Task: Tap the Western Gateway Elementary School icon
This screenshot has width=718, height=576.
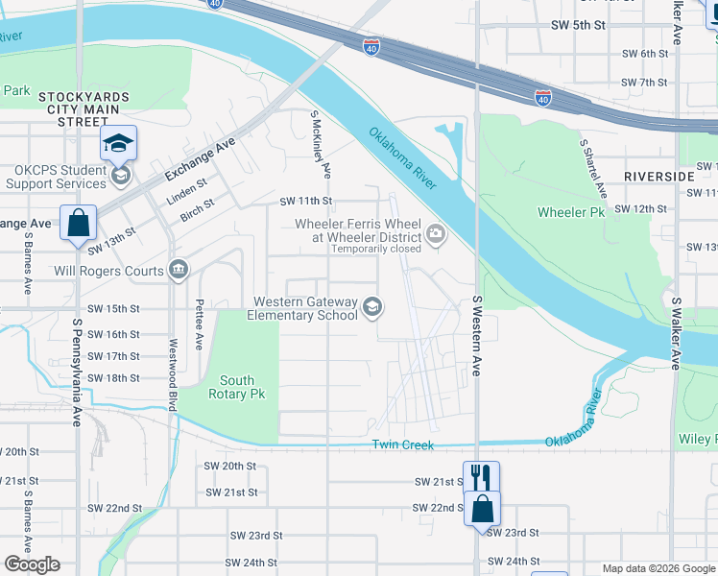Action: [372, 308]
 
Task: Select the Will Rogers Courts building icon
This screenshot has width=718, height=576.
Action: [179, 271]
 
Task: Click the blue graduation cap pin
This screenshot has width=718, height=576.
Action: [119, 144]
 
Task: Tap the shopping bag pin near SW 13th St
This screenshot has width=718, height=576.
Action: [78, 223]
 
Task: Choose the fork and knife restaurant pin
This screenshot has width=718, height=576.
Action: [481, 476]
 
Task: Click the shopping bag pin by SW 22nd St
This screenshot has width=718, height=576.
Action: [483, 508]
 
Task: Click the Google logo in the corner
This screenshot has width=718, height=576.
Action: [32, 564]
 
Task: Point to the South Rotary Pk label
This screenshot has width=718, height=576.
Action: [236, 387]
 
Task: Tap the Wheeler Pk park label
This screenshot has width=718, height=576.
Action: [571, 212]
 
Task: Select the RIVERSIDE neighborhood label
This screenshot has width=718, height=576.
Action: [658, 177]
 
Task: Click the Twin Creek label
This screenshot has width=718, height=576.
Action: [403, 445]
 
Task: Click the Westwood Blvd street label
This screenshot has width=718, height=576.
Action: [174, 374]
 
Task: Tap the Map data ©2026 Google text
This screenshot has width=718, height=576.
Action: [658, 568]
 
